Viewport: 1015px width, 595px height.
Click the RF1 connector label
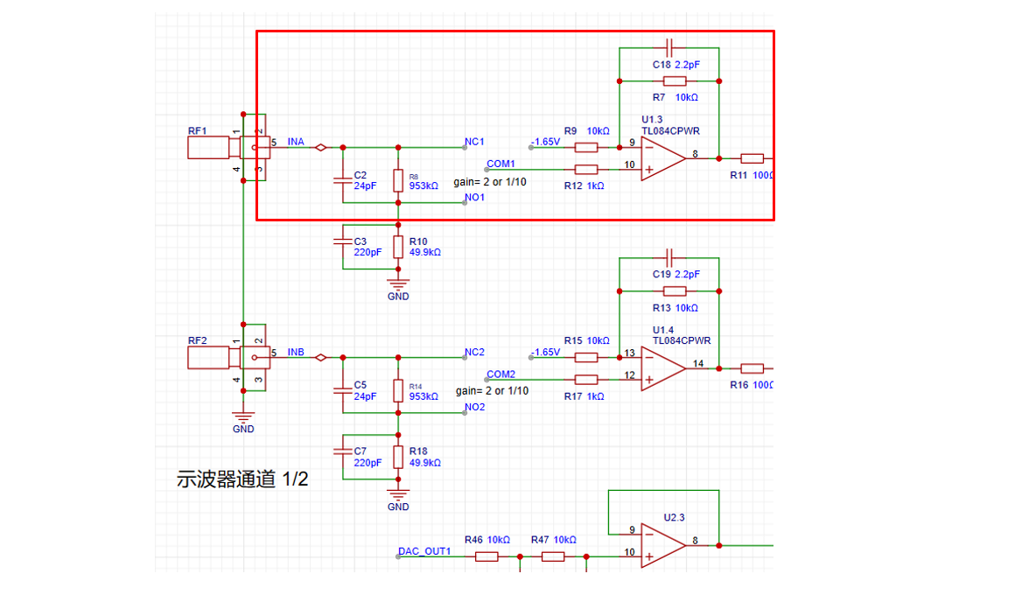(197, 131)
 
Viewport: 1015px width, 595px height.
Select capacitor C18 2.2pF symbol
(669, 45)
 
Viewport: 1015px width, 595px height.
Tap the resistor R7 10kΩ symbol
(674, 80)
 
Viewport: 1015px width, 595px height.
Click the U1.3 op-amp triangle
(661, 158)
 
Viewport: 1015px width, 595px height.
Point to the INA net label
(296, 142)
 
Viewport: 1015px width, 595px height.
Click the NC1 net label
(475, 141)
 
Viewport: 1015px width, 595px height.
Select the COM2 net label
(500, 374)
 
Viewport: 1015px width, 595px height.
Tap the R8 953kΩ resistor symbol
(398, 181)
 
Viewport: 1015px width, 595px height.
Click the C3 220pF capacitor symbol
(342, 246)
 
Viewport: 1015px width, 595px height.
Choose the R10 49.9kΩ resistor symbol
(398, 246)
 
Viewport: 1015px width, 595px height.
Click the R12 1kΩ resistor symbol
(586, 169)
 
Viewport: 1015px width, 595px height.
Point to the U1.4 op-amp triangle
(661, 368)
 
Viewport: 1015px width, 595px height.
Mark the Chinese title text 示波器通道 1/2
(242, 479)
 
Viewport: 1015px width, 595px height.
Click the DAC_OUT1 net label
(424, 551)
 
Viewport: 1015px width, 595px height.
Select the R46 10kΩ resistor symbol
(487, 556)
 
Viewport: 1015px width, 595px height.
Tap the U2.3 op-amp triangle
(661, 545)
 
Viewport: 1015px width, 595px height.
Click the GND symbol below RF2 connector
(243, 418)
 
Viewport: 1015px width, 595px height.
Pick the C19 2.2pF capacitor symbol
(669, 256)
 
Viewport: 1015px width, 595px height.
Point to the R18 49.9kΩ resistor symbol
(398, 456)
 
